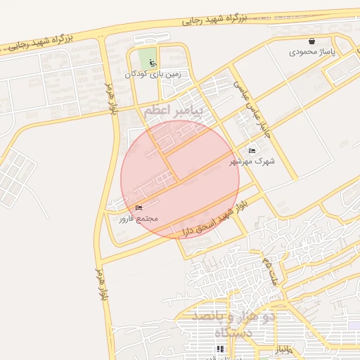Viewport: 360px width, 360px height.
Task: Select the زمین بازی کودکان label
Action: point(153,73)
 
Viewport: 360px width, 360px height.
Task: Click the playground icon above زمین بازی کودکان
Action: point(153,62)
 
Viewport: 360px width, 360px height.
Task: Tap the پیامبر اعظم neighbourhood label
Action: point(173,111)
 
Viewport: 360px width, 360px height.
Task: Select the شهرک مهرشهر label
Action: point(252,161)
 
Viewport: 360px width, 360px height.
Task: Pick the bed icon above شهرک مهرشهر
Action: point(252,150)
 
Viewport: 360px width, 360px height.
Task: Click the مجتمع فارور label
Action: point(138,219)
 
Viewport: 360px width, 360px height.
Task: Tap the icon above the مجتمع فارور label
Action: point(138,207)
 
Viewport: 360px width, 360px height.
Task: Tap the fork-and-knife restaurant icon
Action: point(217,349)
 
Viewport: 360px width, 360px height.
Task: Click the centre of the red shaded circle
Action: point(180,179)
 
